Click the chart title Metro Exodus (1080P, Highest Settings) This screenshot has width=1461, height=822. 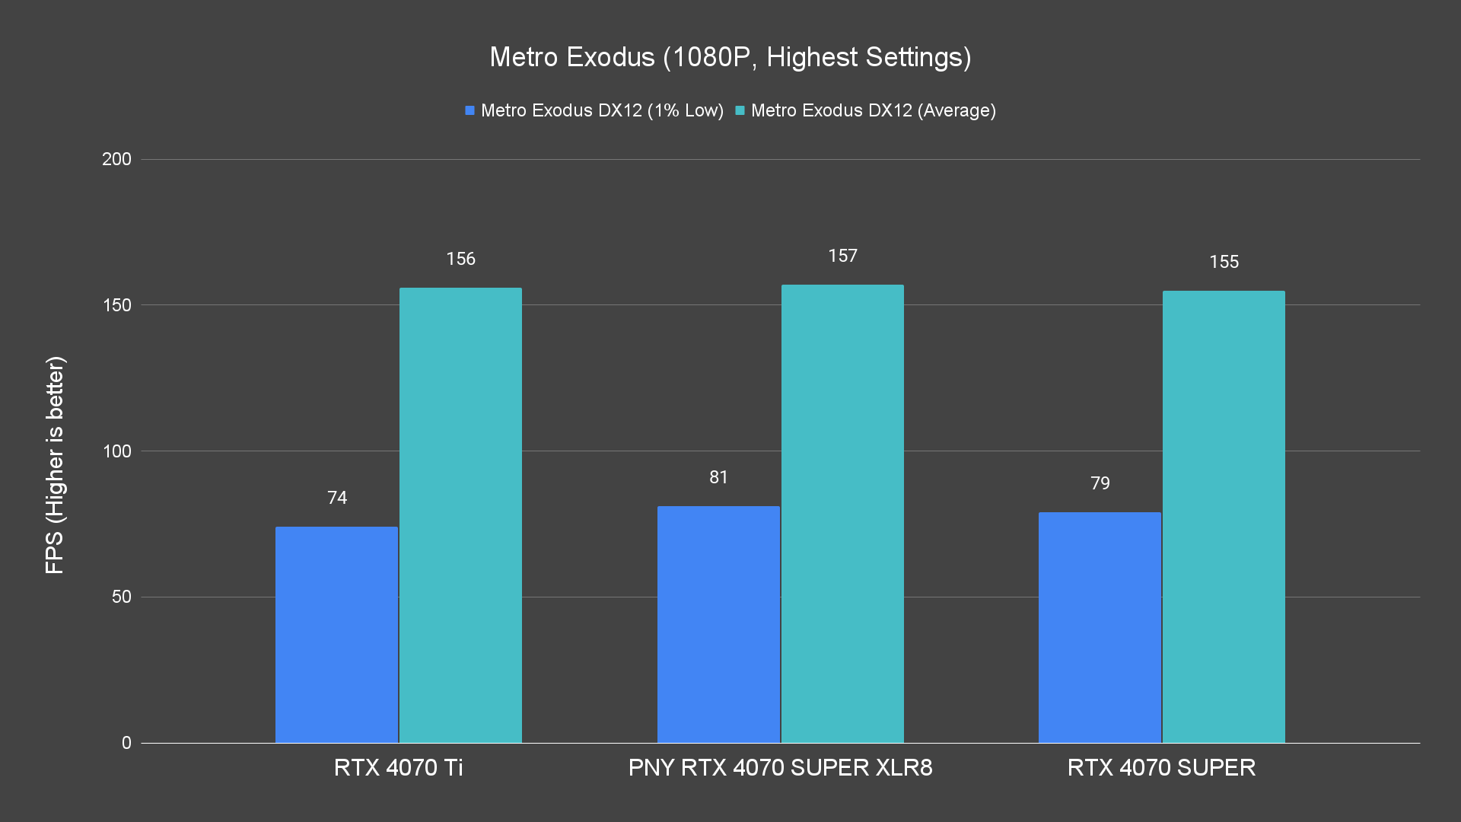click(730, 57)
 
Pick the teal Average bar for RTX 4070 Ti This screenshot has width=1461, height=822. click(460, 515)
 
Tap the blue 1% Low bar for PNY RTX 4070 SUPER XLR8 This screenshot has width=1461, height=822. click(718, 624)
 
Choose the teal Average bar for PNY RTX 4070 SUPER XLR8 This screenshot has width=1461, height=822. click(842, 513)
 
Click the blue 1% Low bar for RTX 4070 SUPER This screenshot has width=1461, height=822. click(1100, 627)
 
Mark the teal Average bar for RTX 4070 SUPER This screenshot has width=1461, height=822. click(1224, 516)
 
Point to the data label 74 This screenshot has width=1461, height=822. click(337, 498)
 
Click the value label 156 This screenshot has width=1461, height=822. click(460, 259)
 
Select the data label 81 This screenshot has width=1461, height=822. click(718, 477)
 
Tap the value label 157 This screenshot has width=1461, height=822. click(842, 256)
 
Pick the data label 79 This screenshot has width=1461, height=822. click(1100, 483)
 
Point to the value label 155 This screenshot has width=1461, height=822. click(1224, 262)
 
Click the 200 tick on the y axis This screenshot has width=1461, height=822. click(116, 159)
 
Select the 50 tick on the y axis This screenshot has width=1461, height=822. click(121, 597)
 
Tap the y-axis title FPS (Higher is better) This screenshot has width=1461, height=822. click(55, 464)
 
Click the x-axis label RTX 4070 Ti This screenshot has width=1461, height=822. click(398, 767)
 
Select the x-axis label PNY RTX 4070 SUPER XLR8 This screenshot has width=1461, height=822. click(780, 767)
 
